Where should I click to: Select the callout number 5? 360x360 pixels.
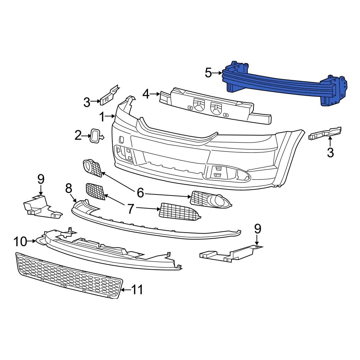click(x=208, y=73)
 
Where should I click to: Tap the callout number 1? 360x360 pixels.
click(x=102, y=117)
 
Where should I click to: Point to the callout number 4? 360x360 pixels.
click(x=146, y=94)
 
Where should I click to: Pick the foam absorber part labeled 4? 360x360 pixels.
click(x=216, y=106)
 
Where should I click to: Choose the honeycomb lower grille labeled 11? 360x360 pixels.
click(x=68, y=275)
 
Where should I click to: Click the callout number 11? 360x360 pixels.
click(x=136, y=289)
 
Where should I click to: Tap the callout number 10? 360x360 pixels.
click(x=21, y=242)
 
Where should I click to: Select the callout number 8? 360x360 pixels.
click(x=69, y=188)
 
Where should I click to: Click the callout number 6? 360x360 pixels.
click(x=140, y=194)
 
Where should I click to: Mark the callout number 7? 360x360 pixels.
click(x=130, y=208)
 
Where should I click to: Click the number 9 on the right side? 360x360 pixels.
click(x=257, y=229)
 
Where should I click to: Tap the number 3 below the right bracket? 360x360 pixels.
click(x=330, y=153)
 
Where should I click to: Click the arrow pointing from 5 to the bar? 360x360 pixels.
click(x=218, y=73)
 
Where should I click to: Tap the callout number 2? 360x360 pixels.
click(x=78, y=136)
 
